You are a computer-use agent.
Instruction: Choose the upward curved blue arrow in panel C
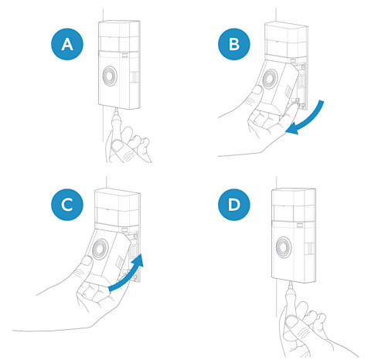point(128,273)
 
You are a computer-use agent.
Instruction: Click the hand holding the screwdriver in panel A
point(128,145)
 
